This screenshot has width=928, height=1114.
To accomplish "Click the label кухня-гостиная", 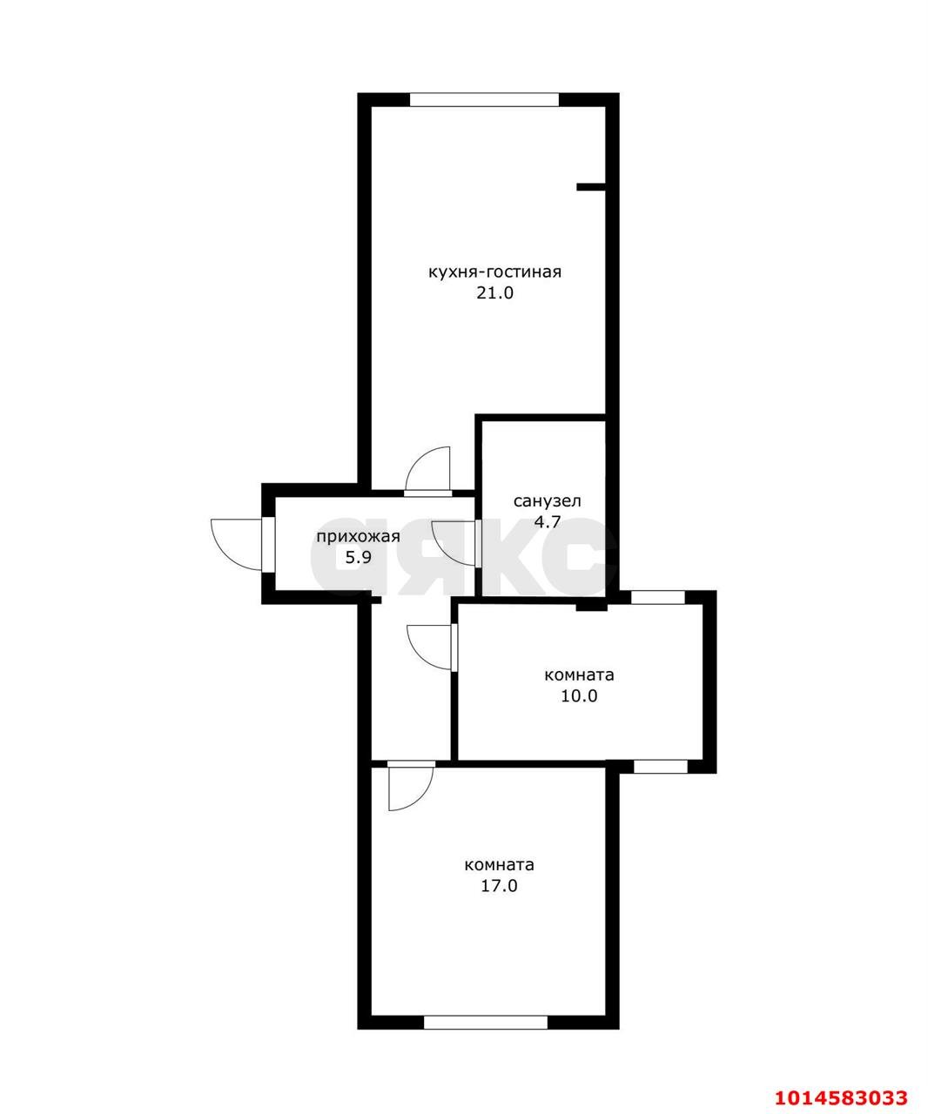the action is point(494,272).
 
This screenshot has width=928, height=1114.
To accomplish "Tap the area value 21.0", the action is point(494,293).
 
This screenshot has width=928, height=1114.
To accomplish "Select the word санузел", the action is point(547,501).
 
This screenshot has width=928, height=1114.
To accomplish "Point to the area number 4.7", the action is point(548,521).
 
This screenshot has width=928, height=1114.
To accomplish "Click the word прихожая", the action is point(358,537).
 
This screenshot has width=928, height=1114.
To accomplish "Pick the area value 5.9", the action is point(358,558).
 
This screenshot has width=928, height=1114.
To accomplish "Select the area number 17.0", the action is point(499,886).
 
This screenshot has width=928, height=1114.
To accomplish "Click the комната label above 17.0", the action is point(499,865).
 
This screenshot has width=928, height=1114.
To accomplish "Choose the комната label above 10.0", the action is point(579,674).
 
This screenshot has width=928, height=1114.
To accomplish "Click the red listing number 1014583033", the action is point(841,1094).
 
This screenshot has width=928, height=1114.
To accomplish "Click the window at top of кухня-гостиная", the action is point(484,100).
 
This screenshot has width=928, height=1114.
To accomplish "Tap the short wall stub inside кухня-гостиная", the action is point(591,187).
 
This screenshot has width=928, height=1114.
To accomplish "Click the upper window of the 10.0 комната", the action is point(658,597).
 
